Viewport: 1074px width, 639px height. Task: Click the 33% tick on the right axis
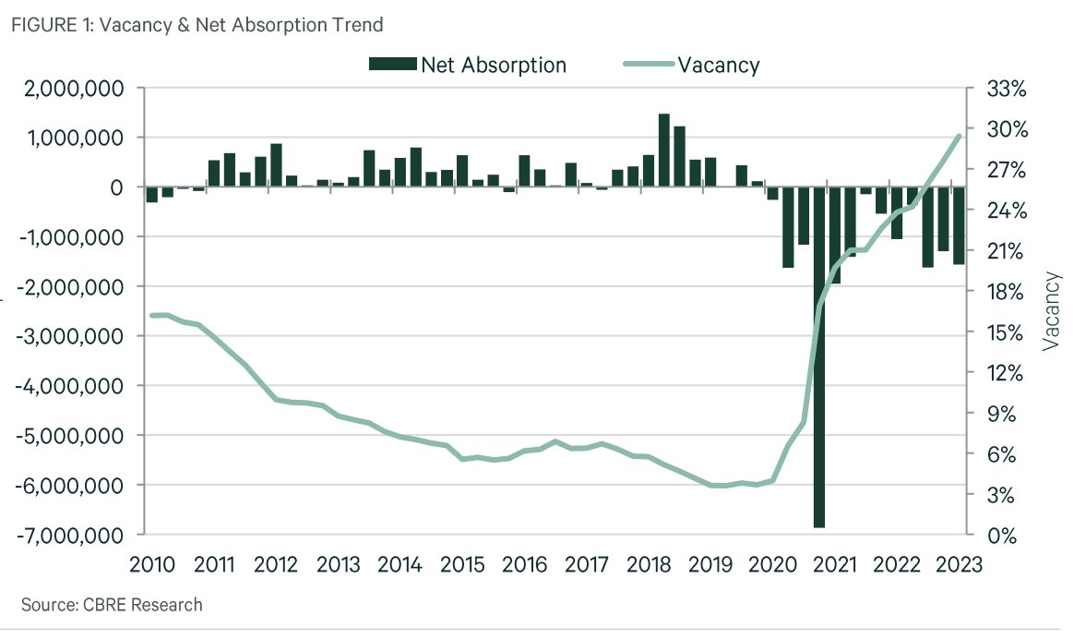pyautogui.click(x=1005, y=89)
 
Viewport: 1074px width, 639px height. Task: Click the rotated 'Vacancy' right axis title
pyautogui.click(x=1051, y=310)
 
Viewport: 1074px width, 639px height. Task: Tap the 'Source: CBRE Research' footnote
pyautogui.click(x=111, y=605)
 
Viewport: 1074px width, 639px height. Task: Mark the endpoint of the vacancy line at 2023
pyautogui.click(x=959, y=136)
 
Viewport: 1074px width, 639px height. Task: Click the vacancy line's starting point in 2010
pyautogui.click(x=152, y=315)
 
